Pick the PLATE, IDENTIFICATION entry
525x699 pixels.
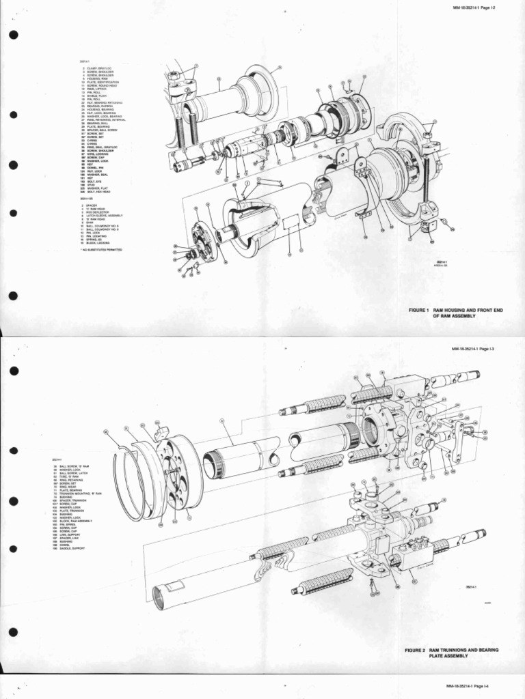(103, 82)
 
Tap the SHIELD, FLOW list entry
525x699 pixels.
(96, 96)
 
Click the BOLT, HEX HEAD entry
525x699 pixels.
(98, 192)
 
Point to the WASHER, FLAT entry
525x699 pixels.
(97, 188)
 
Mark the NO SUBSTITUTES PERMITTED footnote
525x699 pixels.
(103, 250)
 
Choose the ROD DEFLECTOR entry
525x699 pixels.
(97, 212)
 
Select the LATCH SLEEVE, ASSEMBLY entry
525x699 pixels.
(104, 216)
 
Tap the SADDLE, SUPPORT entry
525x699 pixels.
(72, 548)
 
